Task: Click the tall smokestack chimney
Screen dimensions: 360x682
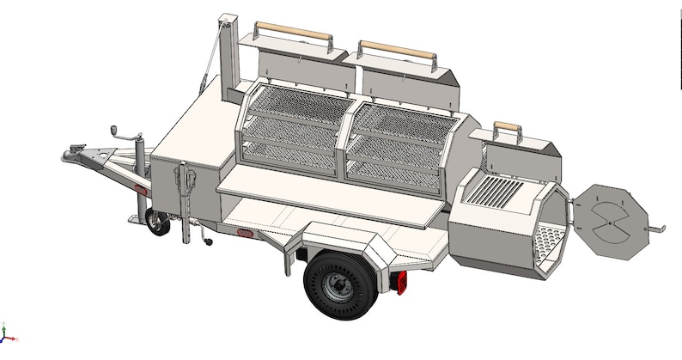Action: [228, 56]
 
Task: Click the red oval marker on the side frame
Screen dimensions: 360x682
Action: [243, 233]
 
